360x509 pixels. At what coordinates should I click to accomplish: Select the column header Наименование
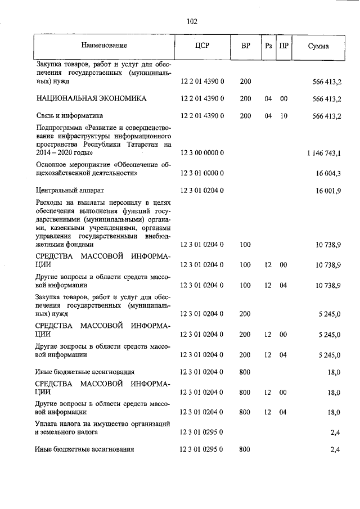104,45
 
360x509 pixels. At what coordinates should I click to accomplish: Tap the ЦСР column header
202,45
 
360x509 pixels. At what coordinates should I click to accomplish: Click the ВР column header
246,45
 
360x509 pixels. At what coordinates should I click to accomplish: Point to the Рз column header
268,45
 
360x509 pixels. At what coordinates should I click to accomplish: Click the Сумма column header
318,46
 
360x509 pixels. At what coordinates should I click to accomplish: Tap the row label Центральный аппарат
69,191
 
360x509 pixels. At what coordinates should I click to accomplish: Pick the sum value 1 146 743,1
325,153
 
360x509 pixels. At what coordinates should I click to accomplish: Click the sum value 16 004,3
329,174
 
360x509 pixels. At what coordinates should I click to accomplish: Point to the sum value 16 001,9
329,191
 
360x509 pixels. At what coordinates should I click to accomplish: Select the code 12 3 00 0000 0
202,153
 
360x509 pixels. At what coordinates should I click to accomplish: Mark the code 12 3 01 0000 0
202,174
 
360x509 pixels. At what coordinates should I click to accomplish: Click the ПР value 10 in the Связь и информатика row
283,116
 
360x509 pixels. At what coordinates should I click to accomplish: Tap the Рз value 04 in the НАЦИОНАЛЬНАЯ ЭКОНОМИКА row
268,98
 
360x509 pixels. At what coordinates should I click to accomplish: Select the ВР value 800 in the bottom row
245,449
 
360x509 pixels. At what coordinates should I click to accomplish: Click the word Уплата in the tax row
46,424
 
